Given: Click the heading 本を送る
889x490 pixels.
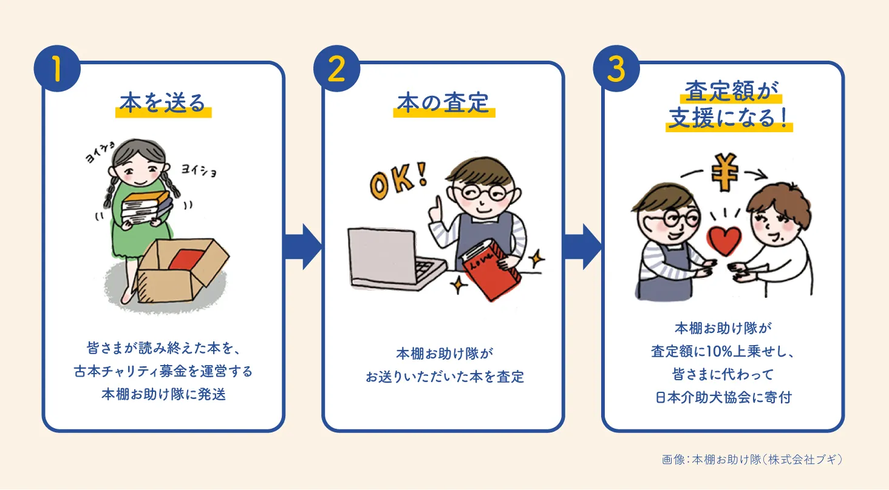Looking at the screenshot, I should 163,104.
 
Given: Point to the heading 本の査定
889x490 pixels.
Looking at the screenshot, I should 443,104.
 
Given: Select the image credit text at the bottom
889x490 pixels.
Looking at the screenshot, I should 752,459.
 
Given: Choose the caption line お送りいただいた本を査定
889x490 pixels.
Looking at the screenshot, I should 444,377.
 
